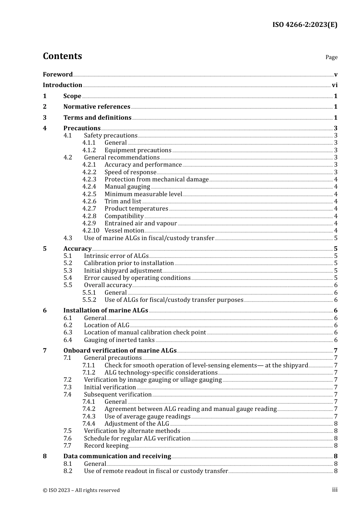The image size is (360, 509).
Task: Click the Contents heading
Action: pos(62,56)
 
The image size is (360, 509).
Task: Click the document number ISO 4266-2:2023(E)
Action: pos(305,25)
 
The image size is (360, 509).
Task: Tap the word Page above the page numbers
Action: pos(331,57)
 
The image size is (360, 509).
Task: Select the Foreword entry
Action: pos(58,75)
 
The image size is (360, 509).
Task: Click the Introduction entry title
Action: pos(63,85)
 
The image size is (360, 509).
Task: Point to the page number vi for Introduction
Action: pos(335,85)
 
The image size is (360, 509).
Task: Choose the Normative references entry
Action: pos(97,107)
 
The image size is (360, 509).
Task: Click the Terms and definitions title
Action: pos(97,118)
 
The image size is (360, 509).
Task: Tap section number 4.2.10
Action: pos(91,231)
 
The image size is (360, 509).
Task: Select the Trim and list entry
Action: pos(123,201)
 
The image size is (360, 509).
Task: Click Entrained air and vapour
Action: pos(141,223)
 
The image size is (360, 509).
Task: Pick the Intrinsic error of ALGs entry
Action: pos(116,256)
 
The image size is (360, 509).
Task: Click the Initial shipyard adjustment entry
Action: pos(123,271)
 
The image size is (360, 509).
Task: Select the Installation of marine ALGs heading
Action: pos(106,311)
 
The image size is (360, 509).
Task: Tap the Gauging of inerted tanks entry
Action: pos(119,340)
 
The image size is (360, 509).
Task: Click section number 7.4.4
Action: pos(89,424)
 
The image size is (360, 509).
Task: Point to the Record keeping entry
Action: pos(106,446)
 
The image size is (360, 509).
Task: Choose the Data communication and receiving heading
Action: pos(117,456)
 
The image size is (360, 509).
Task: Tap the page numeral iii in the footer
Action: pos(335,490)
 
